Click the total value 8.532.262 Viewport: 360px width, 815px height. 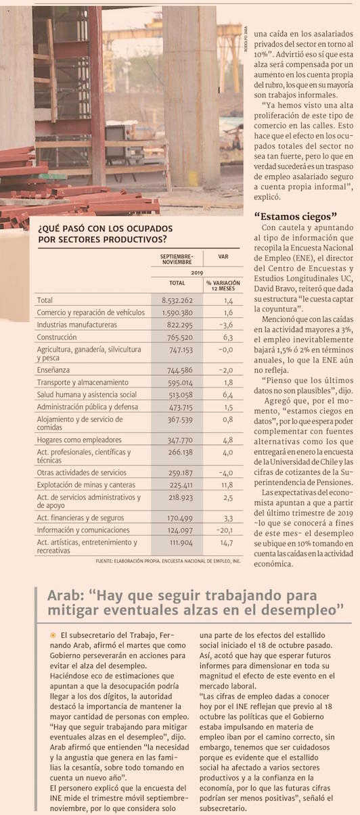pos(177,300)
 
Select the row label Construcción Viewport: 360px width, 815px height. pos(57,337)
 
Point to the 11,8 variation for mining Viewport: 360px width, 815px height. pos(227,485)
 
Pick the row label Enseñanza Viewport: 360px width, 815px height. pos(53,370)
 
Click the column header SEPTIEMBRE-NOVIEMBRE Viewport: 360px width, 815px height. pos(177,259)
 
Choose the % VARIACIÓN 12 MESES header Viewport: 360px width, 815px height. pos(223,285)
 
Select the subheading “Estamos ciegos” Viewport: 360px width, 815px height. pos(295,216)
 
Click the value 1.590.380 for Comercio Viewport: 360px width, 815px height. pos(177,312)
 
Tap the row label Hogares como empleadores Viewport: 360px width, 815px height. pos(79,440)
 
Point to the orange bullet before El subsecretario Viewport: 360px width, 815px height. pos(53,635)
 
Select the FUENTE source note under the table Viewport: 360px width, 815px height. pos(168,561)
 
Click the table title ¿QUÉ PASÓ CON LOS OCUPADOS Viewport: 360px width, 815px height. pos(105,229)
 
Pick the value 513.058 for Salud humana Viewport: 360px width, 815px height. pos(180,395)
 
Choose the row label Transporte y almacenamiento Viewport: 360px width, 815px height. pos(83,382)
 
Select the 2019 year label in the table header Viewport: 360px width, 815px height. pos(197,273)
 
